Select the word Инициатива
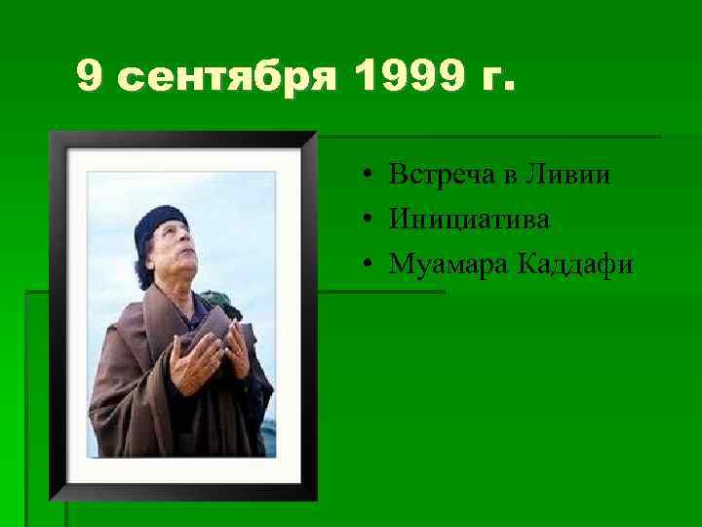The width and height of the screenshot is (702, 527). (469, 220)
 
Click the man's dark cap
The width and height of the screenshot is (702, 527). (157, 222)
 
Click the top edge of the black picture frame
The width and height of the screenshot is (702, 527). (183, 140)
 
